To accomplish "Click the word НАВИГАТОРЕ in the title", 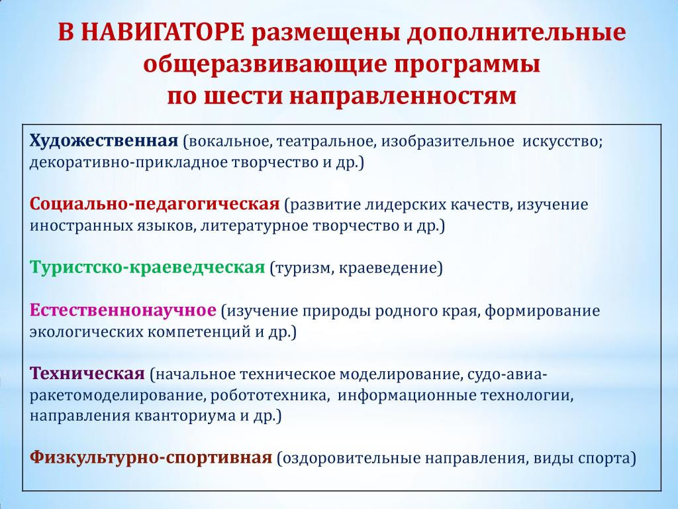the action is coord(162,32).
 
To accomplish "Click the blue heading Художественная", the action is coord(104,142).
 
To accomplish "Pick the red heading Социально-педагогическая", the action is coord(155,205).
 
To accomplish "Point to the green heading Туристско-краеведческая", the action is coord(147,268).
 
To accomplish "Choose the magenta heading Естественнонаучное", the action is coord(122,310).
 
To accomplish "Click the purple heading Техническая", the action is coord(87,373).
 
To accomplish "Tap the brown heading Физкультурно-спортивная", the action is coord(151,458).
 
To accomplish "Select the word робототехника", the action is coord(269,395).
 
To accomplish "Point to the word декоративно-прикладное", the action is coord(128,163).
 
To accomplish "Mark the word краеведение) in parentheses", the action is coord(391,268).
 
